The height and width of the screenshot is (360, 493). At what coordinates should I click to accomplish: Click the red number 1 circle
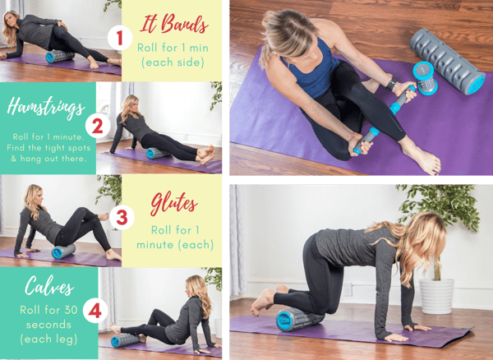120,38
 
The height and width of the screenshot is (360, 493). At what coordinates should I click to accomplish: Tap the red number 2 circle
98,127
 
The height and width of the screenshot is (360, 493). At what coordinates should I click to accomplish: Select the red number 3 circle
122,217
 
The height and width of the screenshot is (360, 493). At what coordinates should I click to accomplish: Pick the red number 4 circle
95,311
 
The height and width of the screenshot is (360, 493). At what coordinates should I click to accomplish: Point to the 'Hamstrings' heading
46,107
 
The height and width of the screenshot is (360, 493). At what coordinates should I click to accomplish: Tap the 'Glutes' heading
174,204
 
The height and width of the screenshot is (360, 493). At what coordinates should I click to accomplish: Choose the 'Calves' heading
49,286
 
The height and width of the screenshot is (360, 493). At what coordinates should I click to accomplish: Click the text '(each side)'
173,62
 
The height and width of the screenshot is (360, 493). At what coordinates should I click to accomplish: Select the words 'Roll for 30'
48,310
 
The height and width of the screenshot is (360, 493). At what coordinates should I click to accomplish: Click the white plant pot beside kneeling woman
436,296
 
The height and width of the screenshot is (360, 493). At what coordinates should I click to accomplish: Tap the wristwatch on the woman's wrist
392,85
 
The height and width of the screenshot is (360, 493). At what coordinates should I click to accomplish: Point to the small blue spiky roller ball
425,78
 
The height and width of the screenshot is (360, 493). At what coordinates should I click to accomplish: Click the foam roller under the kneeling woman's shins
299,319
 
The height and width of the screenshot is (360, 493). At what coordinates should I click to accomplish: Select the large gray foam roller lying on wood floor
448,62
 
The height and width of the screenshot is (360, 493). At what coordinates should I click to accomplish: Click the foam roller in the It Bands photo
60,56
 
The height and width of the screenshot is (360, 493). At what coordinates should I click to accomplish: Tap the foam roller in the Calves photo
126,340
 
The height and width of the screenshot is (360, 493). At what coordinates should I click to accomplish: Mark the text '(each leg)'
48,339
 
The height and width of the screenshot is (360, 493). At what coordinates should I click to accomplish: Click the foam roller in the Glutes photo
63,252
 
